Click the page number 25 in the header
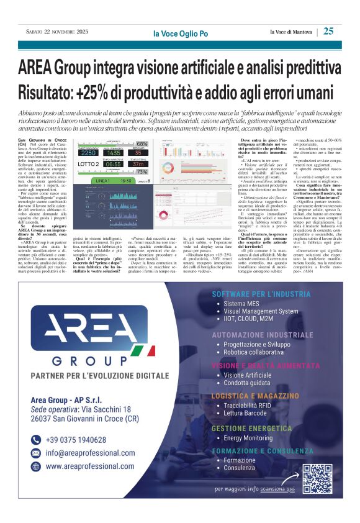pyautogui.click(x=328, y=31)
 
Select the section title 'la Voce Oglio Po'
pyautogui.click(x=180, y=33)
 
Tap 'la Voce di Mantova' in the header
pyautogui.click(x=291, y=32)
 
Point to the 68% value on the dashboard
pyautogui.click(x=142, y=144)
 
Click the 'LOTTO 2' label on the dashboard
pyautogui.click(x=88, y=164)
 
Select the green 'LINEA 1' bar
pyautogui.click(x=104, y=181)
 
